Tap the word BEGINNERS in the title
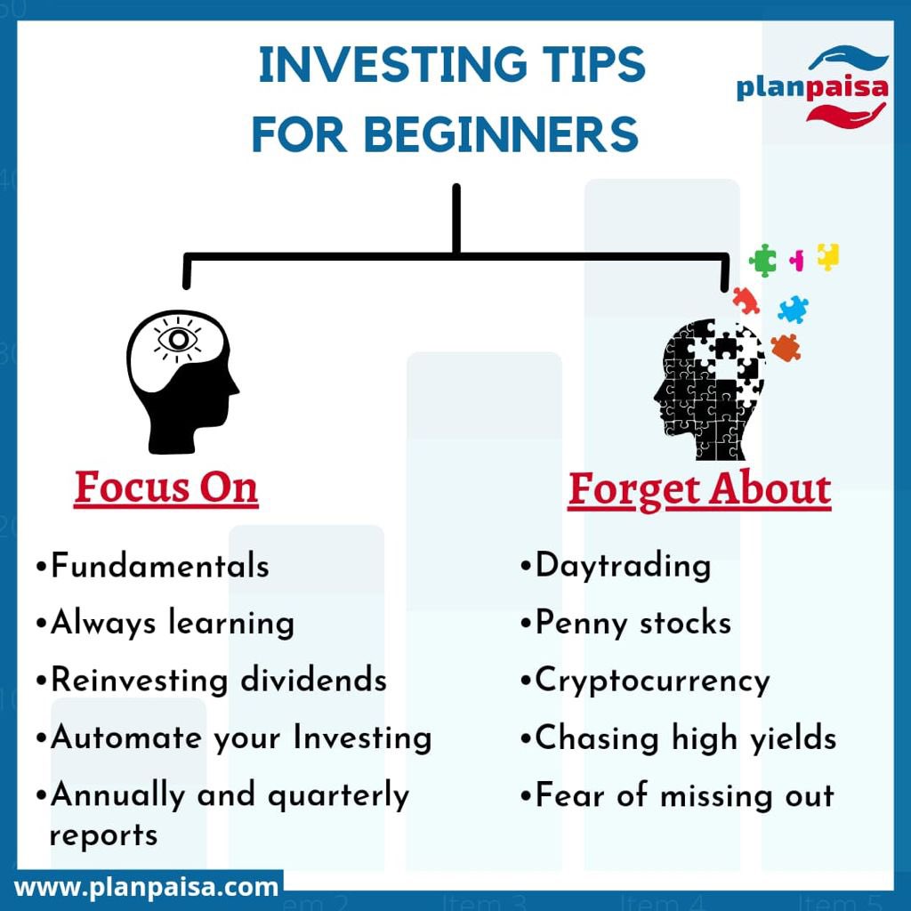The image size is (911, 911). [502, 134]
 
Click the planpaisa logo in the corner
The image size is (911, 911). [812, 85]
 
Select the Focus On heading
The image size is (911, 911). [166, 488]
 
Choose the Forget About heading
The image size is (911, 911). [699, 490]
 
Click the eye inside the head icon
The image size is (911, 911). [177, 339]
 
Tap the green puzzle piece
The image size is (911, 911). [762, 260]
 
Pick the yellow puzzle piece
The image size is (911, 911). [828, 256]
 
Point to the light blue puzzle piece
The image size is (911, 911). [793, 309]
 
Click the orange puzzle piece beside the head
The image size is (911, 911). [786, 348]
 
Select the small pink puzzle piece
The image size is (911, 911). [797, 260]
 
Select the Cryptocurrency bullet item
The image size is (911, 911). [646, 681]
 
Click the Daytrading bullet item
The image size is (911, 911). [616, 567]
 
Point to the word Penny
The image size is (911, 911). [581, 624]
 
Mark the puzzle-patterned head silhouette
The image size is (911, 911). [709, 390]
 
